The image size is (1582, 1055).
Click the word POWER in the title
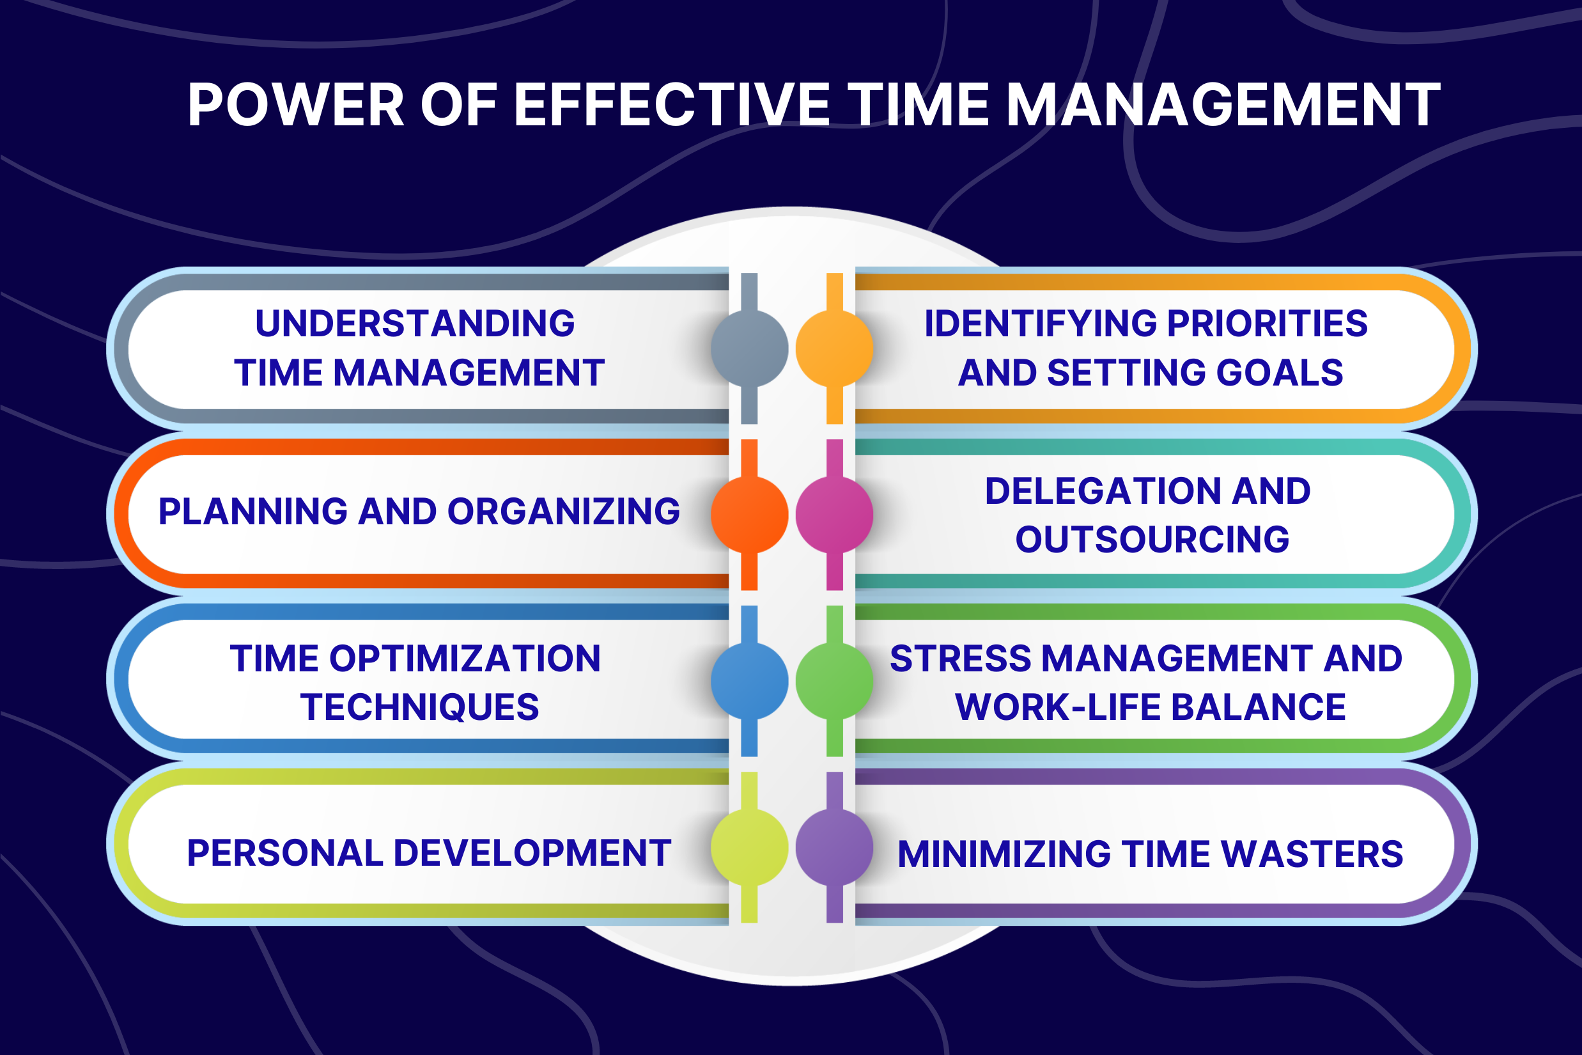(296, 105)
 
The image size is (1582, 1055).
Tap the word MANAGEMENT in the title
(1223, 105)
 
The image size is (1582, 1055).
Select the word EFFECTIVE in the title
(672, 105)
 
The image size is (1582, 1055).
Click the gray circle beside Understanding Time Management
(749, 348)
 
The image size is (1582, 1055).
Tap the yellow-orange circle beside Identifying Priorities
(834, 348)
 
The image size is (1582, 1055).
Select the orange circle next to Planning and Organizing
(749, 515)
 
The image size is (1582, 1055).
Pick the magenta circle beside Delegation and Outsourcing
(834, 515)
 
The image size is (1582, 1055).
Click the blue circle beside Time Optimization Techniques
(749, 681)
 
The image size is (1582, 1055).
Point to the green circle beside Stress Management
(834, 681)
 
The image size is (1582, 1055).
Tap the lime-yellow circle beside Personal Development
(749, 847)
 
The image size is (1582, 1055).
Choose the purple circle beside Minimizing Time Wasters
(834, 847)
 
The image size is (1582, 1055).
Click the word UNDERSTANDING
(415, 324)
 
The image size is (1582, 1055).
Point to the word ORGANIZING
(564, 512)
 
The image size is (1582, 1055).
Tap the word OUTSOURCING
(1152, 540)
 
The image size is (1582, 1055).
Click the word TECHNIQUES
(420, 707)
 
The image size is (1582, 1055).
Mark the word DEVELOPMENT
(532, 853)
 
